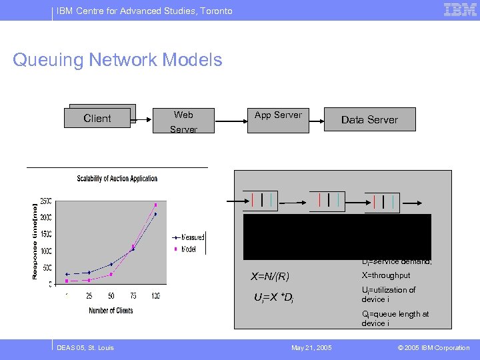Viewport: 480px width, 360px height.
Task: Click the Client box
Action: pos(97,118)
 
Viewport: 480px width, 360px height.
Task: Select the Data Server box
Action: pos(369,119)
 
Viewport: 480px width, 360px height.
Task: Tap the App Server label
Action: pos(278,115)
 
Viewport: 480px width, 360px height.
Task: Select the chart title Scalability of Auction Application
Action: pos(117,178)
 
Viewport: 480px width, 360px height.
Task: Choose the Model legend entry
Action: pos(189,249)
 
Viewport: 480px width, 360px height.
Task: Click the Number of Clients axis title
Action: pos(111,310)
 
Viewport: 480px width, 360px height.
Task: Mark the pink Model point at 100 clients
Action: pos(156,205)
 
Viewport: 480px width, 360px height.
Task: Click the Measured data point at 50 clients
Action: pos(111,265)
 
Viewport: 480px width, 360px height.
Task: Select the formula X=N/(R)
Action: pos(270,277)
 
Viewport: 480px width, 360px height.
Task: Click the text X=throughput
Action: pos(386,275)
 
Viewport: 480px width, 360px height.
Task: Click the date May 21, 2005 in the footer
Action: pos(311,347)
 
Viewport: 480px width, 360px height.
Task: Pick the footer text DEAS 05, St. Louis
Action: pos(85,347)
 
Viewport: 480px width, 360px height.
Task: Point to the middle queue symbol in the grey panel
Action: pos(327,201)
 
